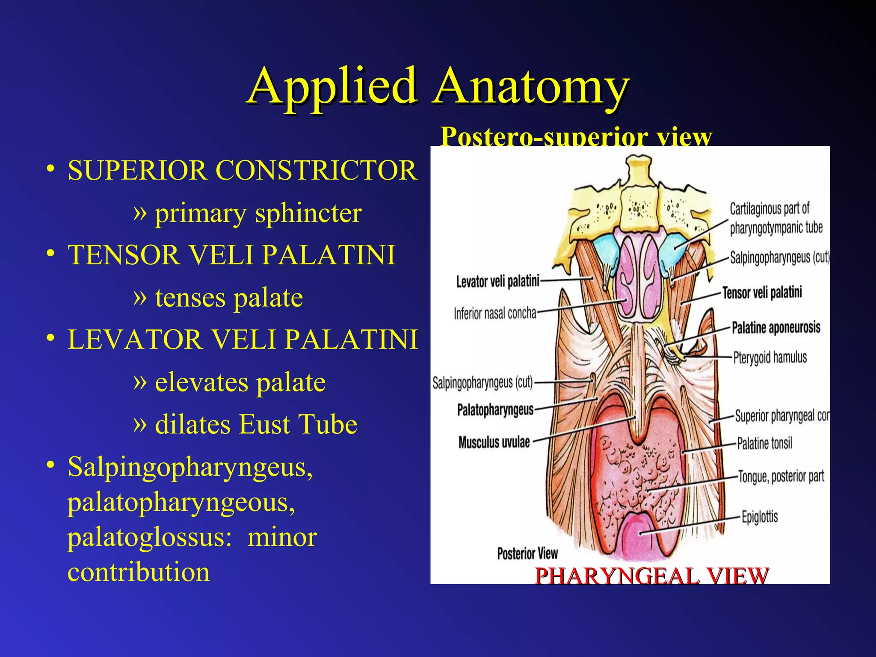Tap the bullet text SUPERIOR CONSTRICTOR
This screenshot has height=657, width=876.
pyautogui.click(x=242, y=170)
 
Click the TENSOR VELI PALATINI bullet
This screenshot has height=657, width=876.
pyautogui.click(x=231, y=255)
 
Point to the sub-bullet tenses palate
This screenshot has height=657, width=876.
pyautogui.click(x=229, y=297)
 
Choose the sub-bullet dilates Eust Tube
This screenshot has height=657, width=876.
pyautogui.click(x=256, y=424)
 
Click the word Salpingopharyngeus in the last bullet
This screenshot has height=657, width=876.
pyautogui.click(x=190, y=467)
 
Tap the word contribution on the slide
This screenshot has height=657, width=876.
pyautogui.click(x=139, y=572)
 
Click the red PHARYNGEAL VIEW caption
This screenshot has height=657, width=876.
pyautogui.click(x=651, y=576)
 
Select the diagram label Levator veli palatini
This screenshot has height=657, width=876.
pyautogui.click(x=497, y=281)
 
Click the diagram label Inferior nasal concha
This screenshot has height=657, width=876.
pyautogui.click(x=495, y=314)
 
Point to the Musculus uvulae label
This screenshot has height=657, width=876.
pyautogui.click(x=494, y=442)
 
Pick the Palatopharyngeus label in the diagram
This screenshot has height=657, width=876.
pyautogui.click(x=495, y=410)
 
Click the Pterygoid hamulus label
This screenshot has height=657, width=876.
pyautogui.click(x=770, y=357)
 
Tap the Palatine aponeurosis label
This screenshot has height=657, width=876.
pyautogui.click(x=776, y=328)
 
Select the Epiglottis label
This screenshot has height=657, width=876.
pyautogui.click(x=760, y=517)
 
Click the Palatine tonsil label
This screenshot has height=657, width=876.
pyautogui.click(x=765, y=443)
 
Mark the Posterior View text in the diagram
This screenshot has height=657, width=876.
pyautogui.click(x=527, y=553)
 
